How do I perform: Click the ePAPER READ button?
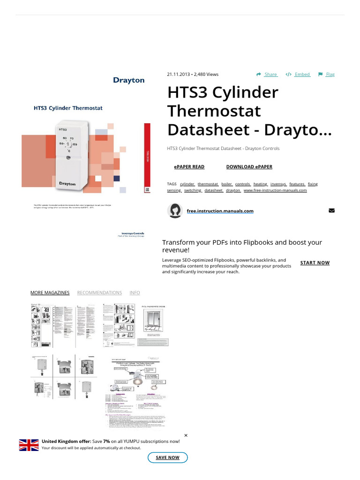point(189,167)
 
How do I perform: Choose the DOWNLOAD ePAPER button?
point(249,167)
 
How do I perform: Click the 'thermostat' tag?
point(208,184)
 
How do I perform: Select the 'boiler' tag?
point(227,184)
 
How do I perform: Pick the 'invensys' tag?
point(278,184)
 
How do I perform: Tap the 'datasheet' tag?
point(214,191)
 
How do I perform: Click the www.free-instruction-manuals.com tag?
point(275,191)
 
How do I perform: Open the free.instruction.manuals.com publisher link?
point(220,211)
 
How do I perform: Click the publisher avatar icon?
point(175,211)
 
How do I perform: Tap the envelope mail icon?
point(332,211)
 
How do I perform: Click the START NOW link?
point(315,263)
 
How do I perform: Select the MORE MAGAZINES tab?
point(50,293)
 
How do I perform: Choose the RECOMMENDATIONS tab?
point(99,293)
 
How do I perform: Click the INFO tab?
point(135,293)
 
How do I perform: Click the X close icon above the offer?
point(186,435)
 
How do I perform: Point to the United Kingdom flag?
point(29,445)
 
